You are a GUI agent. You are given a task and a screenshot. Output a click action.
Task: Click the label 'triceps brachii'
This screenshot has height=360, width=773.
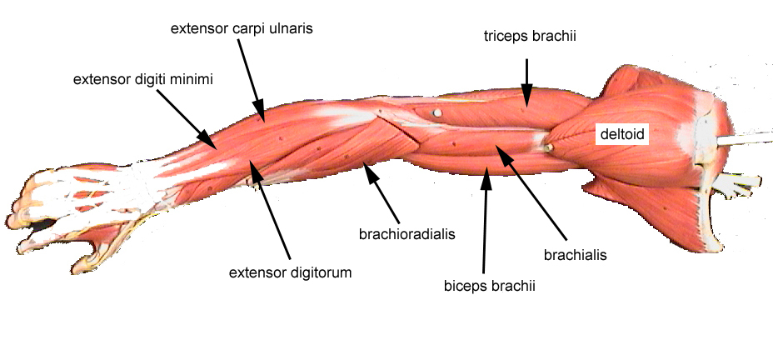coord(531,37)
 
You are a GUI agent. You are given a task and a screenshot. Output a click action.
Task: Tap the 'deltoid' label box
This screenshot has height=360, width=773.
coord(621,133)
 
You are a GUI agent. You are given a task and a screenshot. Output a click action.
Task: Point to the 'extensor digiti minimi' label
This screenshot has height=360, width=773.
coord(143,80)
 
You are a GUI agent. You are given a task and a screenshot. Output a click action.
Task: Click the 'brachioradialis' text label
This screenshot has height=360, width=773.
coord(407,234)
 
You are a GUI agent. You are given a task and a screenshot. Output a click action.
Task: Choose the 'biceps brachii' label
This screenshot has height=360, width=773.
coord(489,285)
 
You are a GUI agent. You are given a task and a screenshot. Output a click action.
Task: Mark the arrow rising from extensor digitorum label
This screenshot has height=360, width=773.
coord(273,212)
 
